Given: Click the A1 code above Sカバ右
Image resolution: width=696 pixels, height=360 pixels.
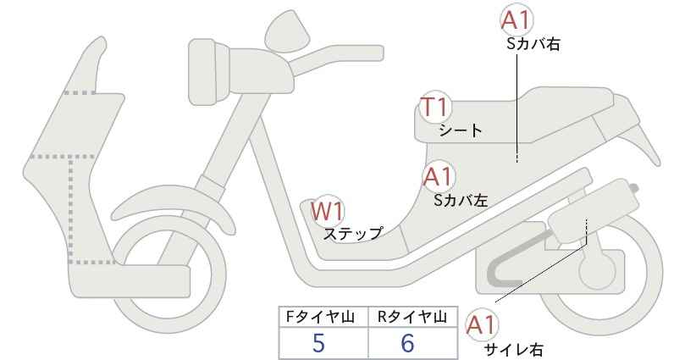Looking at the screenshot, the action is point(516,20).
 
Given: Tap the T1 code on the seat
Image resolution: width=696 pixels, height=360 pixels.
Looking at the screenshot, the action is point(435,107).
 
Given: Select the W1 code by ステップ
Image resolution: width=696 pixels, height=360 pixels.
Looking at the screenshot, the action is point(328,211).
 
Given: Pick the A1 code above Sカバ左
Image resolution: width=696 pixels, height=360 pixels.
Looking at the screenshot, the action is point(438,176).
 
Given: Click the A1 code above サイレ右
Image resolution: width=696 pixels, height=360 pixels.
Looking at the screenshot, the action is point(482,326).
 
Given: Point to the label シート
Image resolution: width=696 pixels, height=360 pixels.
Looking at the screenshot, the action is point(461,130).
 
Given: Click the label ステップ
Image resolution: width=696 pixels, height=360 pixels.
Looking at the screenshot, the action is point(352,233).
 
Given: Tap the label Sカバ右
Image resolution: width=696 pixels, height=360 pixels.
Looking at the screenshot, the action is point(533,44).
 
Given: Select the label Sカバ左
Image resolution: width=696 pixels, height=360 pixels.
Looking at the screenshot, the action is point(461,200).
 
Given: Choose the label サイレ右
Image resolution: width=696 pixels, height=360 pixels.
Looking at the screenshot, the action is point(513,349).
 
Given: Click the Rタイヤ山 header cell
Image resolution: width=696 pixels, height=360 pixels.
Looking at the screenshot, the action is point(412,317).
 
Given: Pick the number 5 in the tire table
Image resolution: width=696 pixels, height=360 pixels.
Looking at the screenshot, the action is point(318,343).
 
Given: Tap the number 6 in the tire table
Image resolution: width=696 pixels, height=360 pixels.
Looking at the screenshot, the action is point(407,343).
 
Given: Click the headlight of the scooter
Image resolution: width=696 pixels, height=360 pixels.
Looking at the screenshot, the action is point(208,72).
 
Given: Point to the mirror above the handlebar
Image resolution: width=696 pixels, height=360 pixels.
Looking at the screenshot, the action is point(287,30).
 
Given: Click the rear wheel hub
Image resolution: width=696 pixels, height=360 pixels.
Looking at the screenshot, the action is point(599,270).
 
